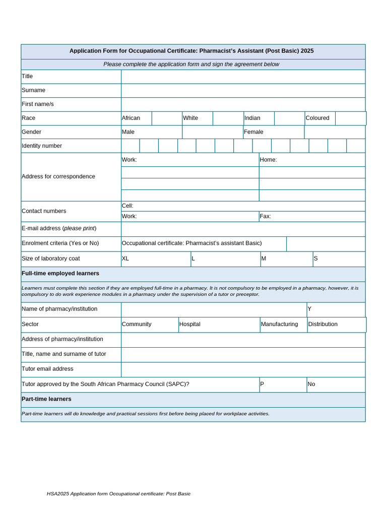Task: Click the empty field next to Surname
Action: coord(243,90)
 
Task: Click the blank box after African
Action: coord(167,118)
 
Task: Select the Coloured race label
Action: coord(317,118)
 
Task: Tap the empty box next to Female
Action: coord(335,132)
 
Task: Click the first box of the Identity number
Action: coord(131,146)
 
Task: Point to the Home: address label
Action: coord(268,160)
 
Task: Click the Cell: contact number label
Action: coord(127,206)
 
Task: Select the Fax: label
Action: coord(265,216)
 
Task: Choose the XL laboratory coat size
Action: coord(125,259)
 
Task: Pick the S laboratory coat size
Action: coord(316,259)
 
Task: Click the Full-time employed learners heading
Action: coord(60,274)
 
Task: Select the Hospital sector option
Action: coord(190,324)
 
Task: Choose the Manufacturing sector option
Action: coord(279,324)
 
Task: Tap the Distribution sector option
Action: coord(323,324)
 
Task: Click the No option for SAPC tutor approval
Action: coord(311,384)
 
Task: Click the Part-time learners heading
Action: coord(46,399)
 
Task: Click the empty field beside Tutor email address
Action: coord(243,369)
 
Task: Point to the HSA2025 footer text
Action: coord(118,494)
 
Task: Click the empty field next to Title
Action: coord(243,77)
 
